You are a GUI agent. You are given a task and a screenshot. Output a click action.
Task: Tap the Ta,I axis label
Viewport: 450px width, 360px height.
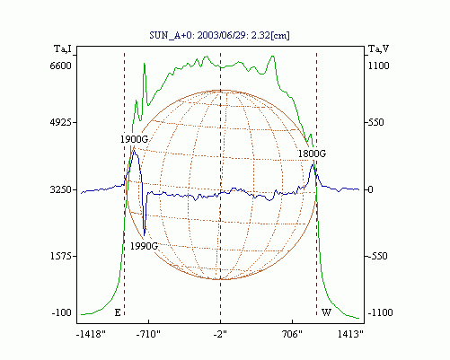click(x=63, y=48)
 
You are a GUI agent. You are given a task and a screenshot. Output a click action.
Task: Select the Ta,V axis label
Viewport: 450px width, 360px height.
click(x=379, y=48)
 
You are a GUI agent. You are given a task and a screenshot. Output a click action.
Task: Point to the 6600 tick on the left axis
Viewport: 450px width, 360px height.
click(x=61, y=66)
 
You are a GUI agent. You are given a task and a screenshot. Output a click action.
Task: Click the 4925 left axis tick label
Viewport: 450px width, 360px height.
click(x=61, y=122)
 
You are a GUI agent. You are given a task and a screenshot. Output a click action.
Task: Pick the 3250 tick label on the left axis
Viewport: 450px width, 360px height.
click(x=61, y=189)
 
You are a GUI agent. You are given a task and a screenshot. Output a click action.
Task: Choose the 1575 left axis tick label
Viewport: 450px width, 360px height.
click(x=61, y=256)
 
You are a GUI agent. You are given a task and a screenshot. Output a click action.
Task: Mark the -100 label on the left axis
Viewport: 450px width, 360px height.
click(x=62, y=312)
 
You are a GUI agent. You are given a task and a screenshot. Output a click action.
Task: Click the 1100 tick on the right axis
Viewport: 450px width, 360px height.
click(x=378, y=66)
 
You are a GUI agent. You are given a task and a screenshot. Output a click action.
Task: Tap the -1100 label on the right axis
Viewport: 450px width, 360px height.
click(x=380, y=312)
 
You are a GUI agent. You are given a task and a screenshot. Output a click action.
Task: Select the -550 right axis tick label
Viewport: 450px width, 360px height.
click(x=378, y=256)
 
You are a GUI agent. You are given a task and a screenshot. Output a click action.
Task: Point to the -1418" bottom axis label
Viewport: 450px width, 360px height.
click(x=91, y=334)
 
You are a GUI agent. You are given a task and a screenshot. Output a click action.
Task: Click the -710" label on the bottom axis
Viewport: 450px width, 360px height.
click(x=148, y=334)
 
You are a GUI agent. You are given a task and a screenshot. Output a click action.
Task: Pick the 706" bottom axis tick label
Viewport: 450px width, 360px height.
click(x=292, y=334)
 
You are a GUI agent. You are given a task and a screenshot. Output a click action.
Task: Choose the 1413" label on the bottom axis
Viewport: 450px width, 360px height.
click(x=350, y=334)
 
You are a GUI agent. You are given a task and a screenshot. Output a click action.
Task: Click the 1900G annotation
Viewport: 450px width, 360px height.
click(x=135, y=139)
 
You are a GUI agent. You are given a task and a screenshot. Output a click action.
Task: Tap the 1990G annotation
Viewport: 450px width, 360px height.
click(x=144, y=246)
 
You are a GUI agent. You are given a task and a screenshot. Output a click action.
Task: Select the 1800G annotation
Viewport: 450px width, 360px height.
click(x=312, y=154)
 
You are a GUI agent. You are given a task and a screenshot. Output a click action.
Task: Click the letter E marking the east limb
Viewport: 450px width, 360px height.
click(x=118, y=312)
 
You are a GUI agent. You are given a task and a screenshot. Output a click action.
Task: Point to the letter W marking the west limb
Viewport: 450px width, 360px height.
click(x=326, y=312)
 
